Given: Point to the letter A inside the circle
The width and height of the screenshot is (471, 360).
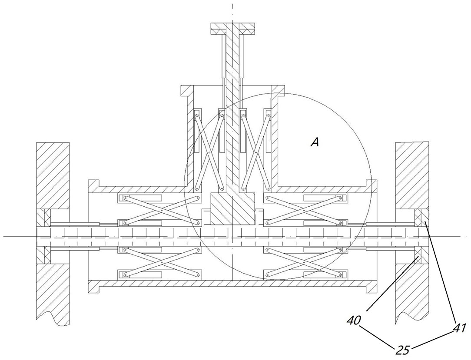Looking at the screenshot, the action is click(x=315, y=142).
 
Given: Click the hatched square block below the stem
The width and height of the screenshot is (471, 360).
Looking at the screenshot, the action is click(x=232, y=209).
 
